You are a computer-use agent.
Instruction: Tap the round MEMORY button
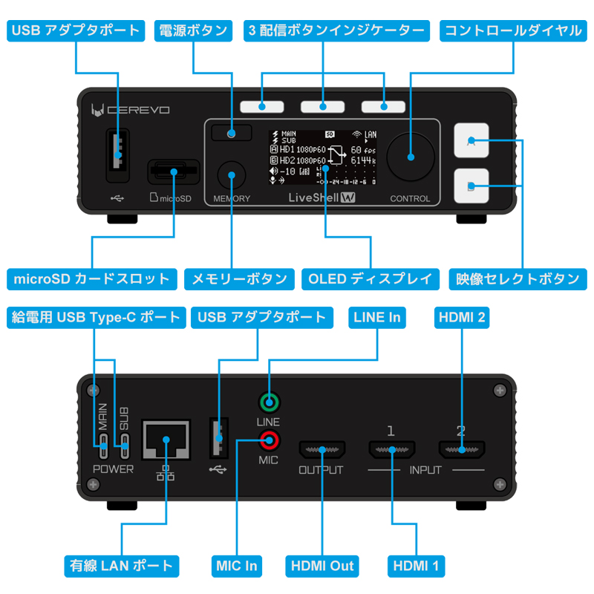(x=232, y=175)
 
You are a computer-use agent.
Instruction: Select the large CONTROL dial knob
(x=410, y=157)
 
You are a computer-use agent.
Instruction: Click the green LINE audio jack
(x=269, y=404)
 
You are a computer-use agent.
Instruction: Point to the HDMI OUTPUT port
(x=321, y=449)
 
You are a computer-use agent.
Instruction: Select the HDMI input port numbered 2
(x=461, y=449)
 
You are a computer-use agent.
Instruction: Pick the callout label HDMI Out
(x=322, y=566)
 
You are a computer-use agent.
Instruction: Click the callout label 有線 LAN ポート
(x=120, y=566)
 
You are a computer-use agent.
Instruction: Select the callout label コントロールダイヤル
(x=513, y=30)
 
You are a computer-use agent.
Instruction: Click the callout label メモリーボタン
(x=239, y=279)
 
